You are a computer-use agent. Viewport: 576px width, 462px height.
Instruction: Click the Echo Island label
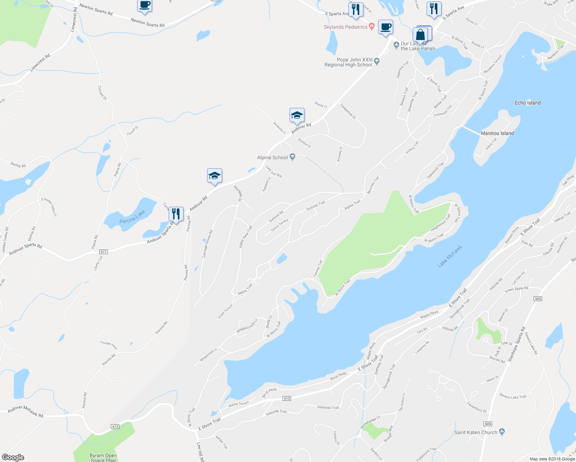(x=527, y=103)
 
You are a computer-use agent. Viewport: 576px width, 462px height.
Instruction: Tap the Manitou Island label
(x=497, y=133)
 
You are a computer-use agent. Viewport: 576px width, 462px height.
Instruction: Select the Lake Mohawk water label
(x=450, y=257)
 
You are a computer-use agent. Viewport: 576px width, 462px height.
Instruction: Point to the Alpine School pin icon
(x=293, y=157)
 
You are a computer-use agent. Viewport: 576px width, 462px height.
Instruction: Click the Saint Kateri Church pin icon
(x=501, y=432)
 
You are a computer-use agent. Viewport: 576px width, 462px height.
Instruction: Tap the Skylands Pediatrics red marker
(x=372, y=27)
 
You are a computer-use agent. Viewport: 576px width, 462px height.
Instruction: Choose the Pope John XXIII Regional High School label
(x=348, y=62)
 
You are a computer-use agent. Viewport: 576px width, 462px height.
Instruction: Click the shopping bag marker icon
(x=421, y=35)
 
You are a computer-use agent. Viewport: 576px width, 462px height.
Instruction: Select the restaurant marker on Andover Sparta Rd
(x=176, y=214)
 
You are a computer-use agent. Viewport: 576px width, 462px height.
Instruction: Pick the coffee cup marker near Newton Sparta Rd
(x=144, y=5)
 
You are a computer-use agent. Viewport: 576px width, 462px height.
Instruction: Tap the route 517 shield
(x=103, y=252)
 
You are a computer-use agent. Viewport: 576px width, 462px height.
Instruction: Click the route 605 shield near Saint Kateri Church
(x=488, y=424)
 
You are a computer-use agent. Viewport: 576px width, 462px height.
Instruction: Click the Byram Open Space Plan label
(x=103, y=458)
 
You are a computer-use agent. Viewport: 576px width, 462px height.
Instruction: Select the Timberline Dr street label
(x=348, y=111)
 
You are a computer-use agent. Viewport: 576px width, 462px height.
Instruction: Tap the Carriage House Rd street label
(x=208, y=244)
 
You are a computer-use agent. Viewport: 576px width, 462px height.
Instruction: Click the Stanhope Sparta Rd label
(x=517, y=344)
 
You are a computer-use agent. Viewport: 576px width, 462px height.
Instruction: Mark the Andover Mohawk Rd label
(x=25, y=412)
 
